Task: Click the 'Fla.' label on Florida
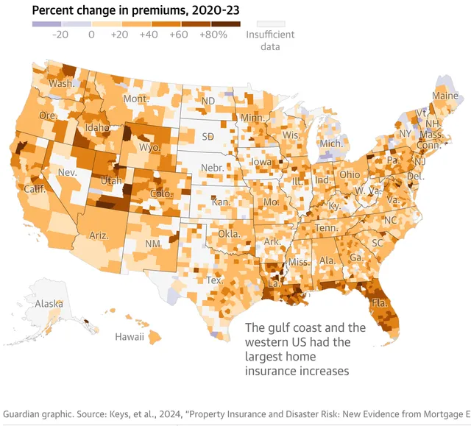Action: (x=380, y=303)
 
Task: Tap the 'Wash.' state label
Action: (x=61, y=83)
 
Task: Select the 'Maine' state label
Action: (x=445, y=96)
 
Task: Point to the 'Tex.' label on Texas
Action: (x=215, y=280)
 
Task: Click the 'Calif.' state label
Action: (x=35, y=189)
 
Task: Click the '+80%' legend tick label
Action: (x=213, y=34)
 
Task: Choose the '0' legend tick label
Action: (x=91, y=34)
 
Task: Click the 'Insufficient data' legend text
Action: (x=271, y=40)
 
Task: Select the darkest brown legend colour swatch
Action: (x=230, y=23)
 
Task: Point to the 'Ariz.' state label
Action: (x=99, y=235)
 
